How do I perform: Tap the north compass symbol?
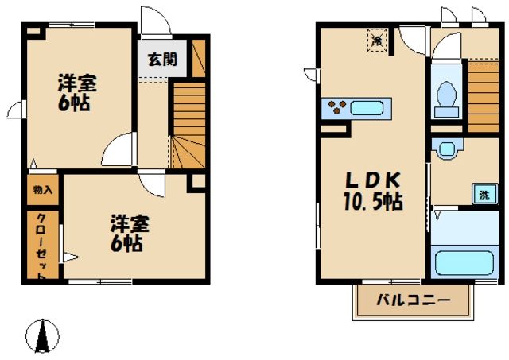(x=41, y=337)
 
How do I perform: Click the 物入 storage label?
(x=43, y=190)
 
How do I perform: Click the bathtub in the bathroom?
(x=464, y=261)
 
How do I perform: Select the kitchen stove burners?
(x=335, y=106)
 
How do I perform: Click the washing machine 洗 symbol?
(x=484, y=193)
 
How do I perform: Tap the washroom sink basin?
(x=447, y=147)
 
